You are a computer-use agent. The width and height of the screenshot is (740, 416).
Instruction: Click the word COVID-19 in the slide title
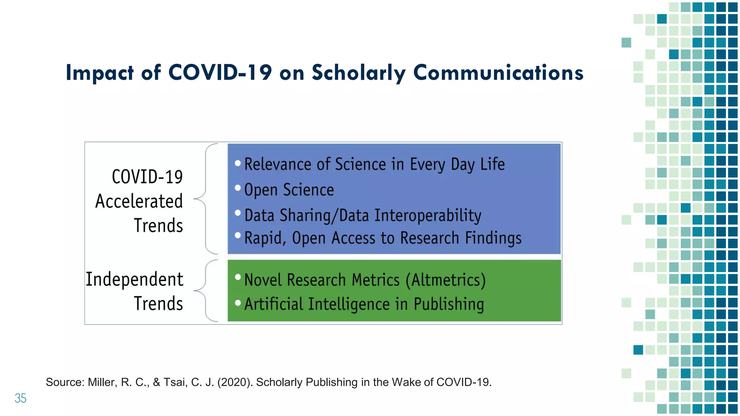click(x=220, y=73)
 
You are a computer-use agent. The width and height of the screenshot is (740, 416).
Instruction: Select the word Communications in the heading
click(x=498, y=73)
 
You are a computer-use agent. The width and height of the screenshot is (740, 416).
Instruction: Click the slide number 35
click(x=21, y=398)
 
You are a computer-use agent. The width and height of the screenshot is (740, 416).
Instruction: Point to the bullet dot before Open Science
click(x=238, y=188)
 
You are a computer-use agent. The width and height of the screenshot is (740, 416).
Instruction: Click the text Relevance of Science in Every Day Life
click(x=374, y=165)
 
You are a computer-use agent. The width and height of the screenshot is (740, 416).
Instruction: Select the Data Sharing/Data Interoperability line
click(x=363, y=216)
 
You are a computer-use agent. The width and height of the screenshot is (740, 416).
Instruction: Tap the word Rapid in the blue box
click(x=264, y=238)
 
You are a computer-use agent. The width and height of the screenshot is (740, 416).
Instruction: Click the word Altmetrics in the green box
click(x=447, y=280)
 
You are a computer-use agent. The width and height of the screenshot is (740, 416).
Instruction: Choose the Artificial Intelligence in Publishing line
click(x=364, y=304)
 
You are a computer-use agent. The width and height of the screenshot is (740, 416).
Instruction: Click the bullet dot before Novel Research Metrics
click(x=238, y=277)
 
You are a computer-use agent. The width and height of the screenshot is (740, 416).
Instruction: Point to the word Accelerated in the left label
click(x=139, y=201)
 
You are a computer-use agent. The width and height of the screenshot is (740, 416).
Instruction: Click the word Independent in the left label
click(x=134, y=279)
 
